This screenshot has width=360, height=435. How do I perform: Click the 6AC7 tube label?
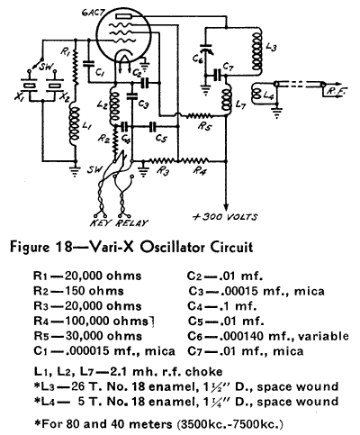click(x=91, y=13)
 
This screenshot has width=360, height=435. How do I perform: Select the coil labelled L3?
click(x=256, y=51)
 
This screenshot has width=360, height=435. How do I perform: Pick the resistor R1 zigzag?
click(x=75, y=67)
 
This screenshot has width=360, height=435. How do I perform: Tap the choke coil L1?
click(x=75, y=125)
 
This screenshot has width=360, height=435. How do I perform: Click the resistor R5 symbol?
click(x=199, y=115)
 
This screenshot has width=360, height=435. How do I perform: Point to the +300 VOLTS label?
click(x=225, y=217)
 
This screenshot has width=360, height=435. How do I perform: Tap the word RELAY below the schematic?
click(x=131, y=223)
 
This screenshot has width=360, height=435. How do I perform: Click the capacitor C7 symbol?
click(x=217, y=75)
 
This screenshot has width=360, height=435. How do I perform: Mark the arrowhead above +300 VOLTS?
click(x=226, y=207)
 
